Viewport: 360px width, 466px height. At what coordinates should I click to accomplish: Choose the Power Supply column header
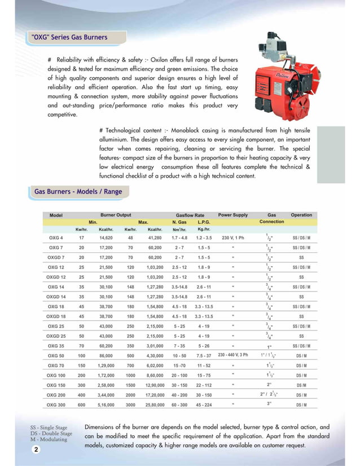[x=232, y=215]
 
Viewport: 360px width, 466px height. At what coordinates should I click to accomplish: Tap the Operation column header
[x=301, y=215]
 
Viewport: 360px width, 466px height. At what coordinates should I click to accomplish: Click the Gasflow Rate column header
[x=190, y=215]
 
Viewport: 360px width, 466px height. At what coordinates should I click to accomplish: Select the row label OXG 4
[x=56, y=238]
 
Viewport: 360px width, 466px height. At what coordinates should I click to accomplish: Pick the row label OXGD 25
[x=56, y=336]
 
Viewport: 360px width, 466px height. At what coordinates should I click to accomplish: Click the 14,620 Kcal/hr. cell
[x=106, y=238]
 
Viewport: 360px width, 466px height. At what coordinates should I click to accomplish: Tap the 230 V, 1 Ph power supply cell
[x=232, y=238]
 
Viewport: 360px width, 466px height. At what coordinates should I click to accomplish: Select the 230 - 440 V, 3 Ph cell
[x=232, y=355]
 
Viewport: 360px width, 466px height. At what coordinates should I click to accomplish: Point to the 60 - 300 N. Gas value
[x=179, y=405]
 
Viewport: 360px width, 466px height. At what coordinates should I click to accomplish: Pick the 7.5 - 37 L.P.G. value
[x=204, y=356]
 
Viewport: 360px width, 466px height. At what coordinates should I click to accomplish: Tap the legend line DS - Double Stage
[x=51, y=433]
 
